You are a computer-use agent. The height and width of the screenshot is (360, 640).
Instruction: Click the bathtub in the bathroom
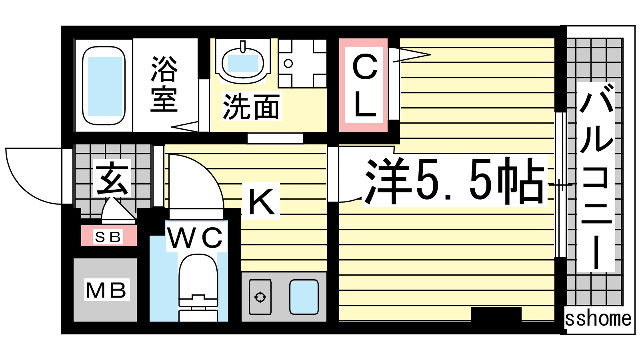tap(104, 86)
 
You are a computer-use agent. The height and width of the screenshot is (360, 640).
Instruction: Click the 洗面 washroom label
tap(251, 106)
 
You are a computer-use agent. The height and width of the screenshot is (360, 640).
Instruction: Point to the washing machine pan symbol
tap(302, 64)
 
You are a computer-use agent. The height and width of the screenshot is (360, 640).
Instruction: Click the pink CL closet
tap(364, 85)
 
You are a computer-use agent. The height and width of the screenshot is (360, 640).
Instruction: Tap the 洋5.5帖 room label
tap(454, 180)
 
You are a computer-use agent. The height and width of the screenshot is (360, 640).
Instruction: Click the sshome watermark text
tap(598, 319)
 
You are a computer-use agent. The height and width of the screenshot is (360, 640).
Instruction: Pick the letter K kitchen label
tap(261, 202)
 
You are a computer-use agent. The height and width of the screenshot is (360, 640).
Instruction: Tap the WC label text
tap(196, 238)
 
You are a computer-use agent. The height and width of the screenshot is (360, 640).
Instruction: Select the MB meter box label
tap(106, 290)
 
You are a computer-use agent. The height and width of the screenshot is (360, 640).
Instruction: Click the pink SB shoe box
tap(109, 236)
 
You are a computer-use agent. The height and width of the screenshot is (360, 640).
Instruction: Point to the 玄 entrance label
tap(112, 178)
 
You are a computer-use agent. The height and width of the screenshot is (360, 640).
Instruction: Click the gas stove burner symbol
tap(260, 297)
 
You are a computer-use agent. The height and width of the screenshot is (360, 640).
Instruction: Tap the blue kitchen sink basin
tap(304, 297)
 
